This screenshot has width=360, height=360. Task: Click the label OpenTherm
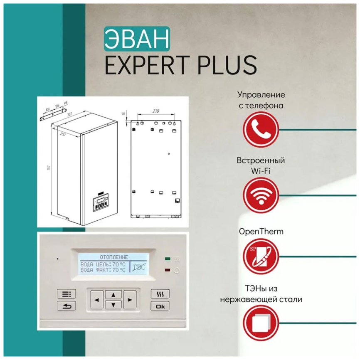261,232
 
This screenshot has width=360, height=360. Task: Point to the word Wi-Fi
261,170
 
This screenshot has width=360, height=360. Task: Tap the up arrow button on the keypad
113,294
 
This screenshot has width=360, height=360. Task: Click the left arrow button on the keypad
97,300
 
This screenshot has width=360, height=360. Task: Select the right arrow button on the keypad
130,300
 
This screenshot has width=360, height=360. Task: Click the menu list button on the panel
66,294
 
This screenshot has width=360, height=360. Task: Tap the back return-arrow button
66,307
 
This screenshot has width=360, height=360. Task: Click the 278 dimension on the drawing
156,111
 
